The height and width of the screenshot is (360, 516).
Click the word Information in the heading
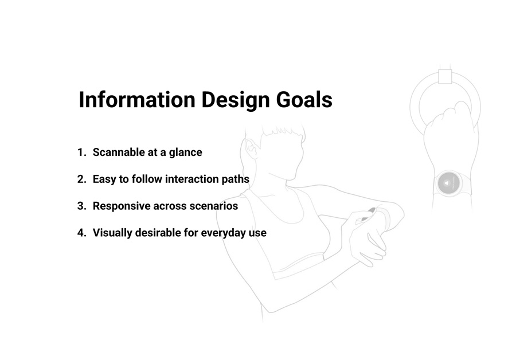(x=137, y=99)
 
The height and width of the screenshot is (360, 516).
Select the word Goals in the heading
(x=304, y=99)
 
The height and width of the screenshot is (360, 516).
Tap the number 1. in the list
(x=82, y=152)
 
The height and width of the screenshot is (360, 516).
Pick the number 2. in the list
(x=82, y=179)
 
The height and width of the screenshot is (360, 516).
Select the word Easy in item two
(x=104, y=179)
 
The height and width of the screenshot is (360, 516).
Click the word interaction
(x=192, y=179)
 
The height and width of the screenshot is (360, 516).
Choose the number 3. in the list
(x=82, y=206)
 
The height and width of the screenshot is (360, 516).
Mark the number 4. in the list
(x=82, y=233)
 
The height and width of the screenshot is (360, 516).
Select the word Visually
(x=112, y=233)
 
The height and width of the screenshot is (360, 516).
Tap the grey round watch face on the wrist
(x=448, y=183)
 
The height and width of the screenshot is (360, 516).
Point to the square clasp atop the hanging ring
(x=445, y=76)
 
